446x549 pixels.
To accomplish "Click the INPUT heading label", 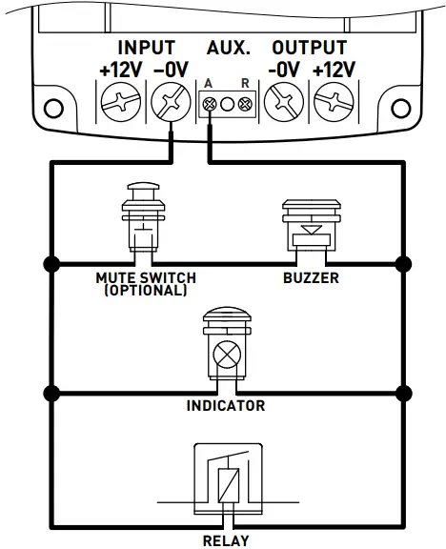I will tap(146, 48).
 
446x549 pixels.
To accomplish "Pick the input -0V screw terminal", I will tap(170, 101).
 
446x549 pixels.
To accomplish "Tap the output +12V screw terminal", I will tap(333, 101).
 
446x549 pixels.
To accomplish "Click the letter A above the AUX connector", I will tap(208, 83).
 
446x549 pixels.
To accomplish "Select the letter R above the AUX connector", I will tap(245, 83).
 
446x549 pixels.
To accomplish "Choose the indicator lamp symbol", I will tap(226, 348).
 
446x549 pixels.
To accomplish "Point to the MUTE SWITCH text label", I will tap(146, 278).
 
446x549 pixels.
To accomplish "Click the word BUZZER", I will tap(311, 279).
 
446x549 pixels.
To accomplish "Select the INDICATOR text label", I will tap(226, 406).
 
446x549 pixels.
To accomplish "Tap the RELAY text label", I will tap(226, 540).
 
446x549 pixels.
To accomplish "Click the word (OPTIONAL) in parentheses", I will tap(146, 290).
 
